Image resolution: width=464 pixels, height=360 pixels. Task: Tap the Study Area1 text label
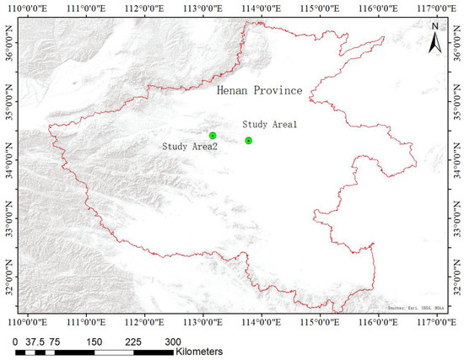[271, 125]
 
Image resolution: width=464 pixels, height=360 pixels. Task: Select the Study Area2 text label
[190, 146]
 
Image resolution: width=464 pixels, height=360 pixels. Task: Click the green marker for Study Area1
[248, 140]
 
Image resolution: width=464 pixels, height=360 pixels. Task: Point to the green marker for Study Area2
[213, 135]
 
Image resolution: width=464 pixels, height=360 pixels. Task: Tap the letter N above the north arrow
[434, 26]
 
